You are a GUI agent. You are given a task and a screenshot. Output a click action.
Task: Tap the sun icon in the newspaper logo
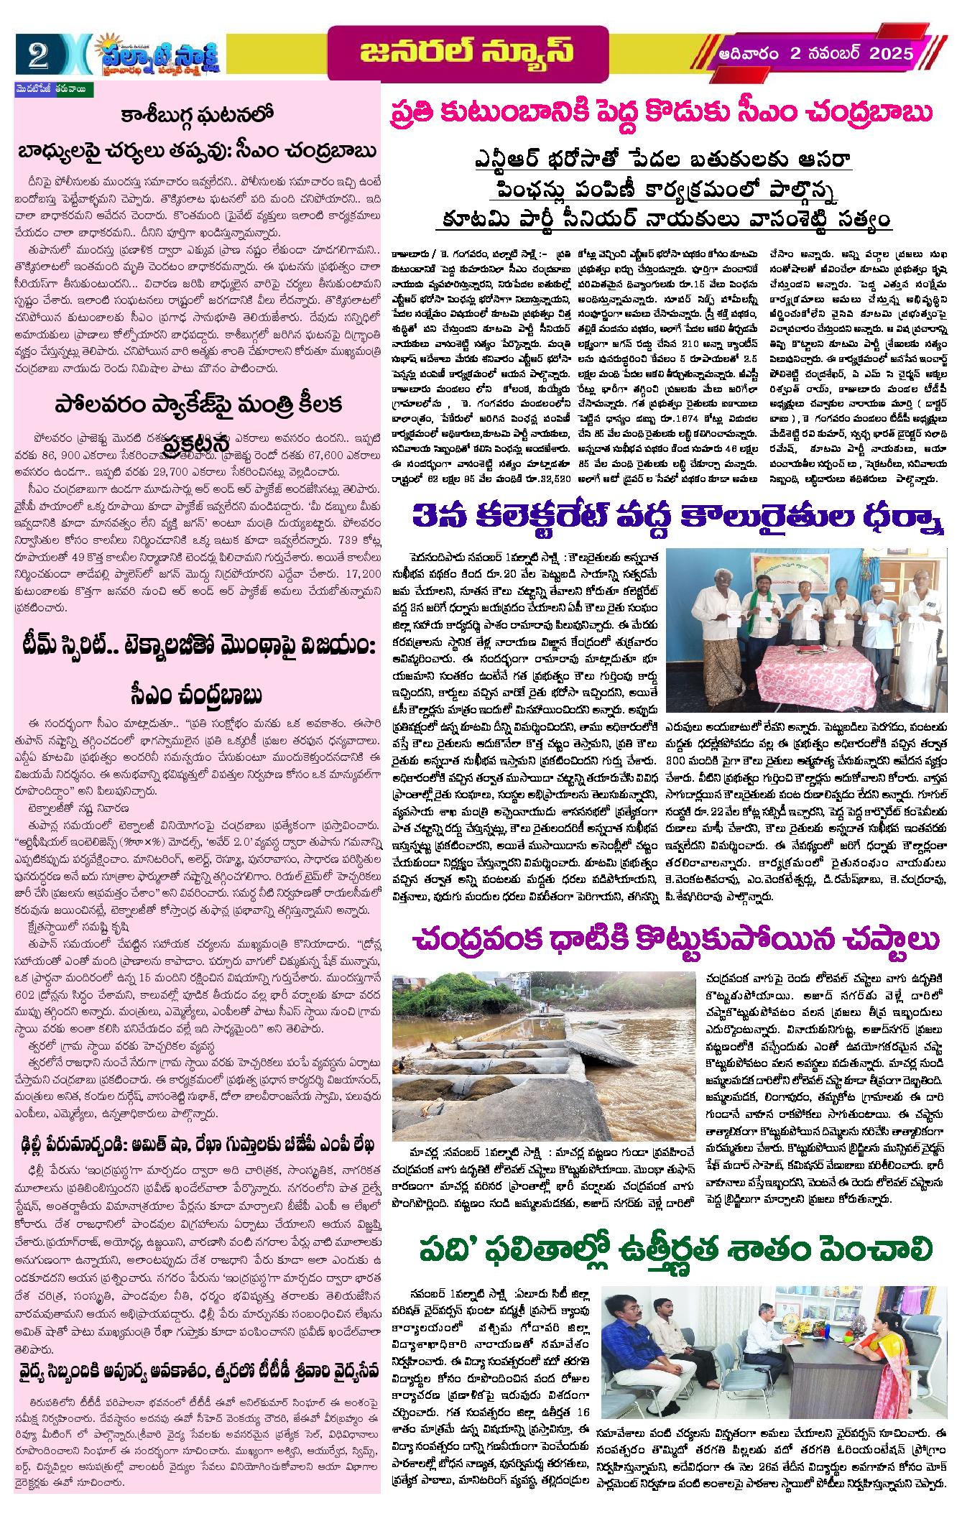click(111, 45)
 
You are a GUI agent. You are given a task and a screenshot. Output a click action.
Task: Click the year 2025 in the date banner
click(891, 53)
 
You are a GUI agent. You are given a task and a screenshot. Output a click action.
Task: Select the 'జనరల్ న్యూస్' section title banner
click(466, 52)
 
